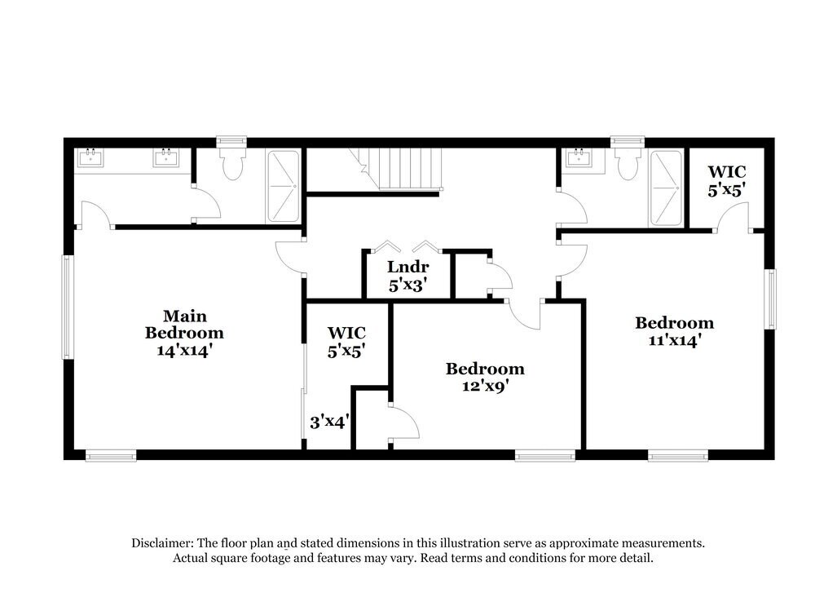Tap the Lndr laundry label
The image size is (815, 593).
click(x=407, y=267)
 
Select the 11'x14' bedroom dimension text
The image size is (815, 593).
click(x=674, y=341)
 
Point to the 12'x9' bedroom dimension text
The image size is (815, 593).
click(x=484, y=387)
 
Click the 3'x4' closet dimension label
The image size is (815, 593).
click(x=329, y=423)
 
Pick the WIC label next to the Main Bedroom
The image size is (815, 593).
click(x=346, y=333)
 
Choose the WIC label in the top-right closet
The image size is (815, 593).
click(x=726, y=172)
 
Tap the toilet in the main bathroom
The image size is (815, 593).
click(x=232, y=161)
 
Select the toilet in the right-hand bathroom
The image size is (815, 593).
click(x=628, y=161)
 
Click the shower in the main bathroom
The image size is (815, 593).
click(x=282, y=186)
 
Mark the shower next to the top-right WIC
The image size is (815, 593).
click(x=665, y=188)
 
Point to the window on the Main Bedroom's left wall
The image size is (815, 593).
click(x=68, y=307)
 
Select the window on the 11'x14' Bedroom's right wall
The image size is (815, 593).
click(x=770, y=299)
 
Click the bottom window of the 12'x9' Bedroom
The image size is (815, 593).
click(x=545, y=455)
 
